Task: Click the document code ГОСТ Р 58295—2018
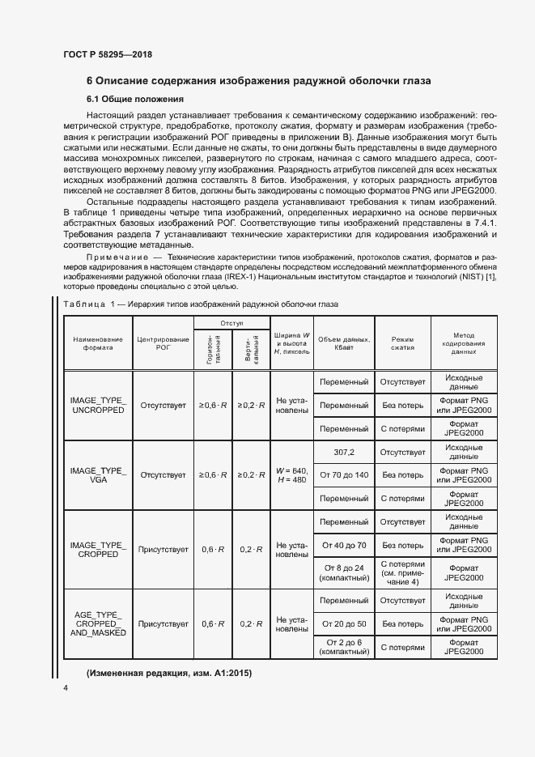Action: click(107, 54)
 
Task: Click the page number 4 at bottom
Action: click(66, 687)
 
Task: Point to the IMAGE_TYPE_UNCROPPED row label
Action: click(98, 405)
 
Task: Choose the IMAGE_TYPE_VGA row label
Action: click(98, 474)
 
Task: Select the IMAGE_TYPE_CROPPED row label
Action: click(98, 549)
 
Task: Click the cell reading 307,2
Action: click(344, 452)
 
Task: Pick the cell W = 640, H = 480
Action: click(291, 474)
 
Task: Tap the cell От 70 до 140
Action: click(344, 474)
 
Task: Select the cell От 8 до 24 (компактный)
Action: click(344, 572)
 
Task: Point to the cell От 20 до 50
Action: click(344, 624)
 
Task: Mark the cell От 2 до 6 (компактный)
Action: click(344, 647)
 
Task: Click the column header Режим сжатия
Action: click(402, 344)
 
